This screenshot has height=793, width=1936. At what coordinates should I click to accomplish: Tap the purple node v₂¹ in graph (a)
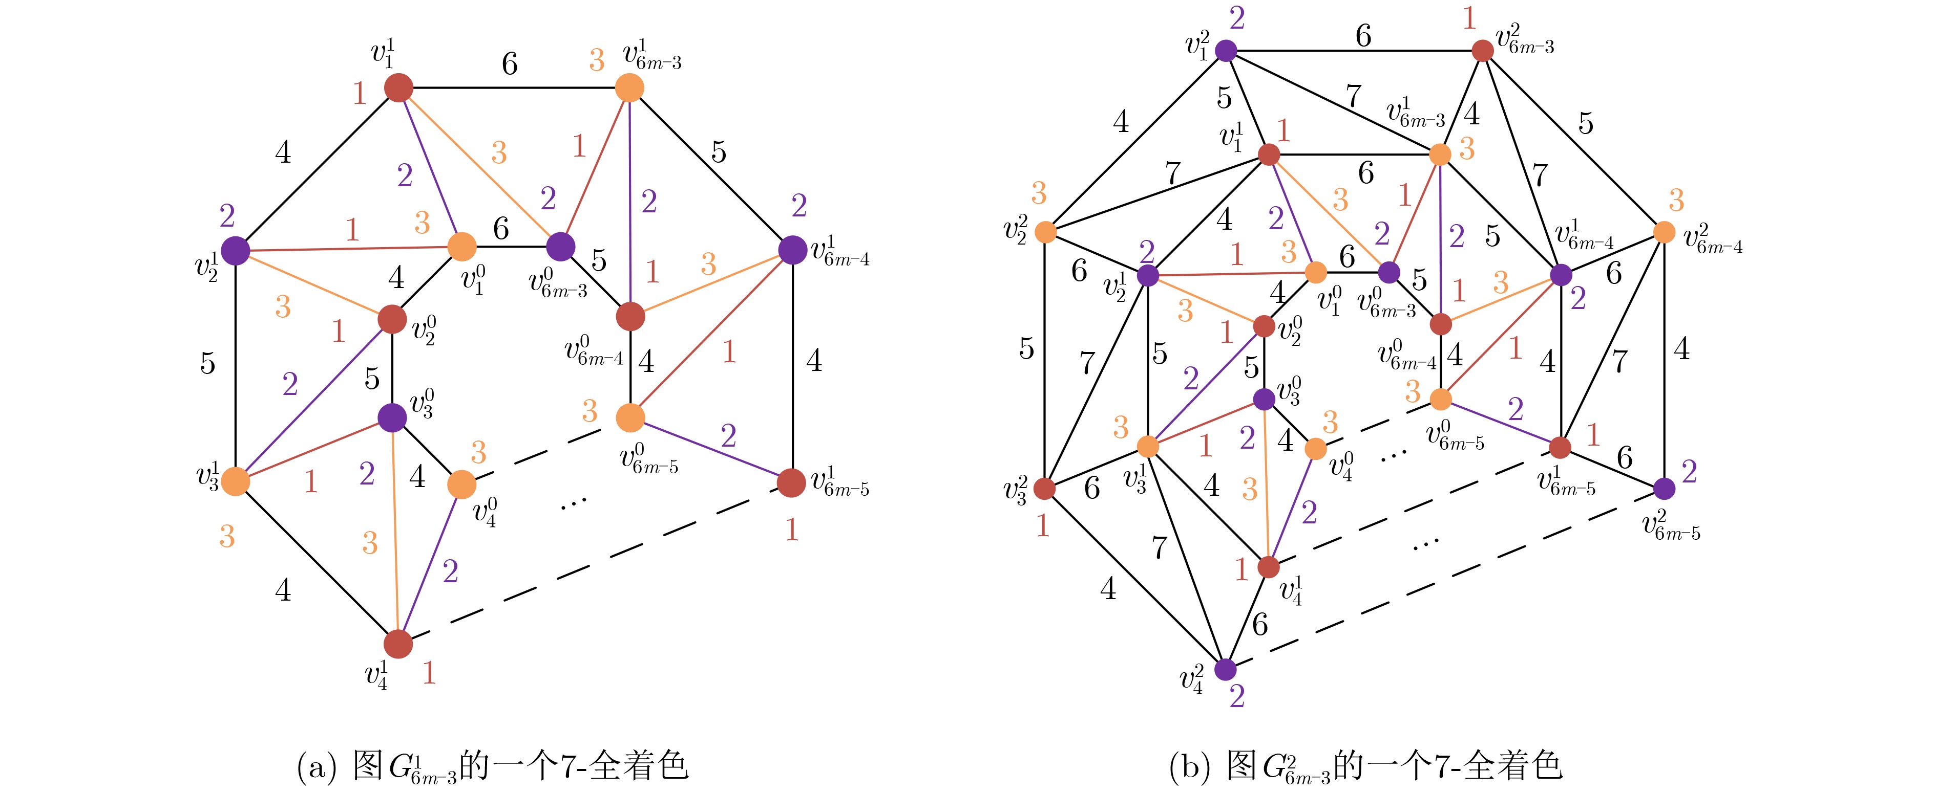coord(235,251)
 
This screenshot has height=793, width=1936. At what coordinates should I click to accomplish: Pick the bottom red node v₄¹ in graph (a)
coord(398,644)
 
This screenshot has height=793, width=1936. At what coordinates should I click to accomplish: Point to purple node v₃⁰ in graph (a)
coord(392,417)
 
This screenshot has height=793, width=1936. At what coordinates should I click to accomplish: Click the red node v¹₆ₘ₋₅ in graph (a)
coord(791,483)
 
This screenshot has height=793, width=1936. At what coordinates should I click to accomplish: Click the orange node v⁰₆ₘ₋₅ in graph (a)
coord(630,417)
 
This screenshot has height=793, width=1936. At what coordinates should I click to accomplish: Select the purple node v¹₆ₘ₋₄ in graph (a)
coord(792,250)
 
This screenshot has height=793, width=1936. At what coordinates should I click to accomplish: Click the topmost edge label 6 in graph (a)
coord(510,64)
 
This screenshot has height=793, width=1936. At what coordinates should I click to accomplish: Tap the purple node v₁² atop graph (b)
coord(1226,50)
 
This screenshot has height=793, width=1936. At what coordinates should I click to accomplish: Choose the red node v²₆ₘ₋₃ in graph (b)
coord(1482,50)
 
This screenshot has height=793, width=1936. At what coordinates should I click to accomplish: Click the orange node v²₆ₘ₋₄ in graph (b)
coord(1664,232)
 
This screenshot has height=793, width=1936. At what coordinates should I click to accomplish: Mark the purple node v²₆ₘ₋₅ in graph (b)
coord(1664,489)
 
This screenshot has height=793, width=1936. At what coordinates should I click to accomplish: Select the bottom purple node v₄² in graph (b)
coord(1226,668)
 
